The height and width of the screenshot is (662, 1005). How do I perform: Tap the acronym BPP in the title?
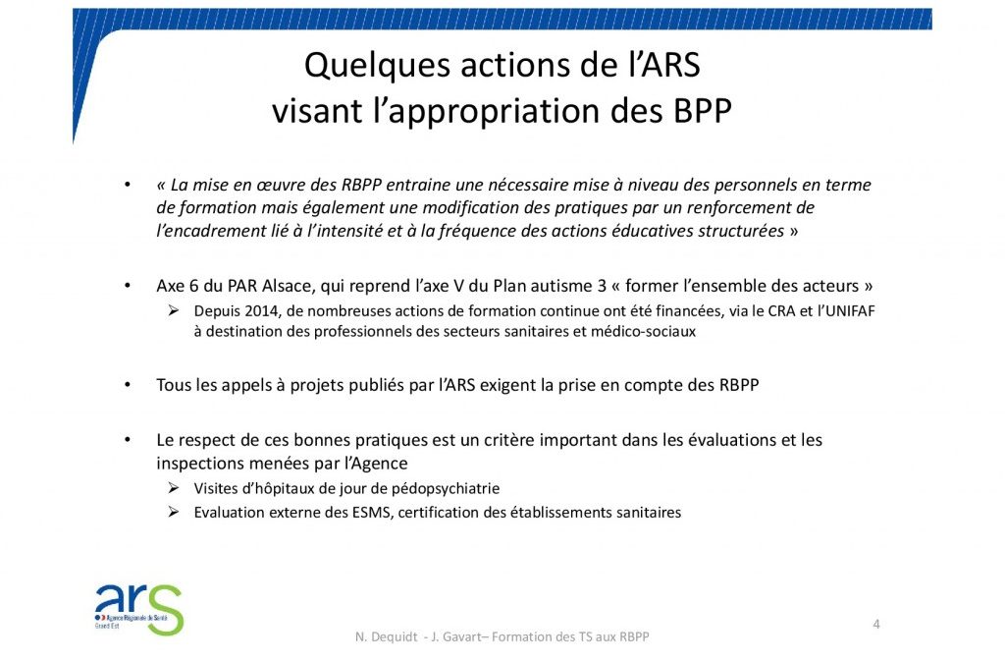point(702,110)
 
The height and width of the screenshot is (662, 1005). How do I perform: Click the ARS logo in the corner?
point(139,609)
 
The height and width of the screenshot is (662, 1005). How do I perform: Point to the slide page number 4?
point(876,624)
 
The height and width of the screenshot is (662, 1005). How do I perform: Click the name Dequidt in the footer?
point(393,636)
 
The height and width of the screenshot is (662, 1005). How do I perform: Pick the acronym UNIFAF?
point(850,311)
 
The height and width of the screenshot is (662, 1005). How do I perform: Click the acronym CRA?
point(780,311)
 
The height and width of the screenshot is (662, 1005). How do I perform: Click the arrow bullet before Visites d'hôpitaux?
point(174,488)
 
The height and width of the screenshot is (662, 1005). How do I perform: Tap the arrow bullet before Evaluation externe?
point(174,512)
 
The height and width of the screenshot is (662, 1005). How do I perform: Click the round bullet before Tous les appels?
point(128,385)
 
